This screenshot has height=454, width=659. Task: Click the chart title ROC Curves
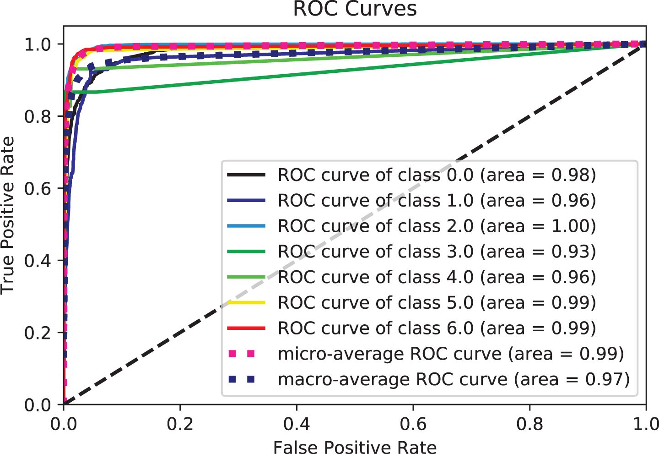355,9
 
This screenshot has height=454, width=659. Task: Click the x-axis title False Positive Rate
355,447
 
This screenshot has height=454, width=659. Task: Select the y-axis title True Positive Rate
8,215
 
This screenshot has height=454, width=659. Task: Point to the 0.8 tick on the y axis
38,116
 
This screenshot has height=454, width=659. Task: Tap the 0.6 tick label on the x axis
413,424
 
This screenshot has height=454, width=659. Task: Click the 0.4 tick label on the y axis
38,261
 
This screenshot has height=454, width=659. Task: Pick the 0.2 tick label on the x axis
180,424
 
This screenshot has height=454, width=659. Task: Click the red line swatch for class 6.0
246,328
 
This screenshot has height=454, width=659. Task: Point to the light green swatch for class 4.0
246,277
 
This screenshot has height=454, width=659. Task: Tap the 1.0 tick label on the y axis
38,44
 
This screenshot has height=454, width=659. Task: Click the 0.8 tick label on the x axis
529,424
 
